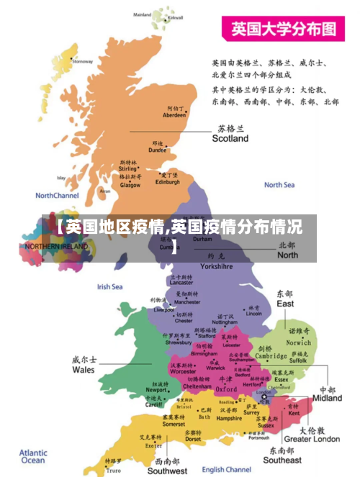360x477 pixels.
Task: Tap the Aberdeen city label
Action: click(x=174, y=114)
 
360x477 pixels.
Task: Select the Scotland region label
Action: click(x=230, y=137)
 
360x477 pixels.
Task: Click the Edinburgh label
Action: click(x=168, y=182)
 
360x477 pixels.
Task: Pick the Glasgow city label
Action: click(x=130, y=185)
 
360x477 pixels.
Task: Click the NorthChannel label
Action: click(x=57, y=195)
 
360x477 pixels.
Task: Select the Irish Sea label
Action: click(x=109, y=286)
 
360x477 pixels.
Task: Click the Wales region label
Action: click(x=83, y=369)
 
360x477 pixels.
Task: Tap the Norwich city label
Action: click(x=299, y=342)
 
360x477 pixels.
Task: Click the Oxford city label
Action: click(x=225, y=389)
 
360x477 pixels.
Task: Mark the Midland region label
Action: click(x=327, y=397)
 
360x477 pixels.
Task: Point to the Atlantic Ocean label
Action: click(x=33, y=457)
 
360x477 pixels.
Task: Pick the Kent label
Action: click(x=294, y=414)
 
